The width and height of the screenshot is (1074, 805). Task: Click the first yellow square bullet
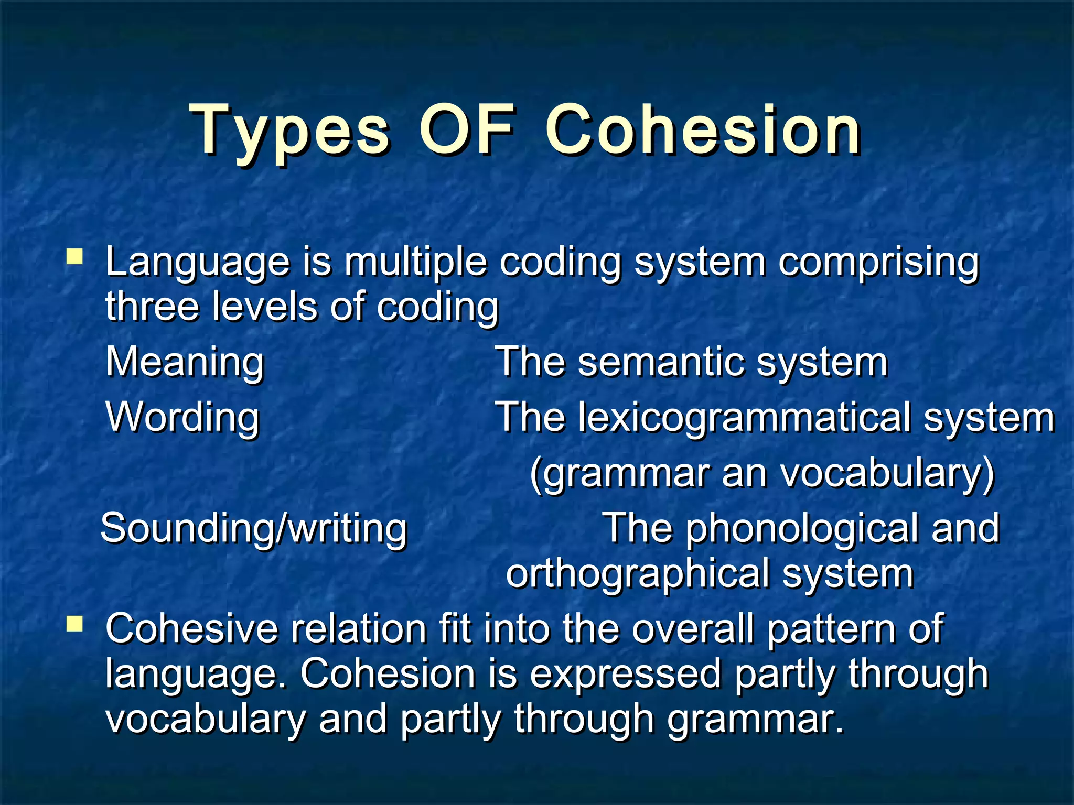[x=74, y=257]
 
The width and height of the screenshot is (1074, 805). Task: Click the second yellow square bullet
[x=74, y=624]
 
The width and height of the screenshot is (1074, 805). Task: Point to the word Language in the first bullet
[x=197, y=262]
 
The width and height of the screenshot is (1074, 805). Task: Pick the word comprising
[x=878, y=262]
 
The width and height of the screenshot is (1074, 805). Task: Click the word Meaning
[x=185, y=362]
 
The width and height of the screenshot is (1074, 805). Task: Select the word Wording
[x=182, y=417]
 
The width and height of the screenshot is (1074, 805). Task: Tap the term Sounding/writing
[x=254, y=528]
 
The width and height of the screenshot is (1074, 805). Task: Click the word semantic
[x=660, y=362]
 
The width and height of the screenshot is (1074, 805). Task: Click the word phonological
[x=802, y=528]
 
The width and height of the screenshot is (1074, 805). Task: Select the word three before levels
[x=152, y=306]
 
